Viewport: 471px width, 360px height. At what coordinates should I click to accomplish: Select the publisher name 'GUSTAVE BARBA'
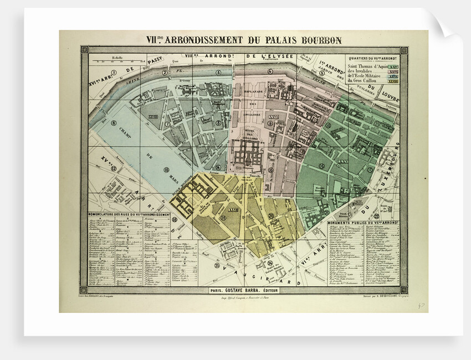[248, 289]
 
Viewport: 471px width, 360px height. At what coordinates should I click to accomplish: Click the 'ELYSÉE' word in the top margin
[280, 56]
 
